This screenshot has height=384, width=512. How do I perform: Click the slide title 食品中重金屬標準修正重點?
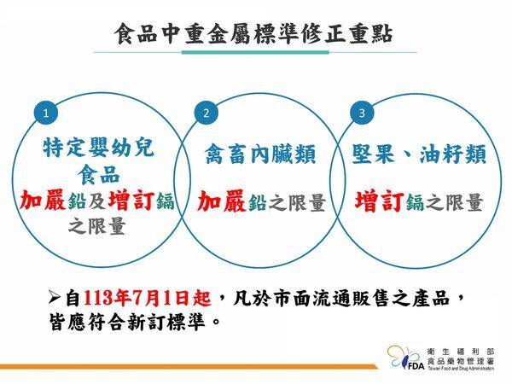(256, 34)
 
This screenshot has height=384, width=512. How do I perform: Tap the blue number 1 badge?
(51, 113)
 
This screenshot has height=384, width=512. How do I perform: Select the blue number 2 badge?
(206, 113)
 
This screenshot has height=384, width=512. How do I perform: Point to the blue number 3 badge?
(363, 113)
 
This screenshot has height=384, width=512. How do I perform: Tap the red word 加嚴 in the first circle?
(44, 201)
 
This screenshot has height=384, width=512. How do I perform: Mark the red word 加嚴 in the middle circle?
(220, 201)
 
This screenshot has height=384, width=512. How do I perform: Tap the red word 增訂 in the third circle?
(378, 201)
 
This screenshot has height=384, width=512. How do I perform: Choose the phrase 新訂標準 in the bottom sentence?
(171, 323)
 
